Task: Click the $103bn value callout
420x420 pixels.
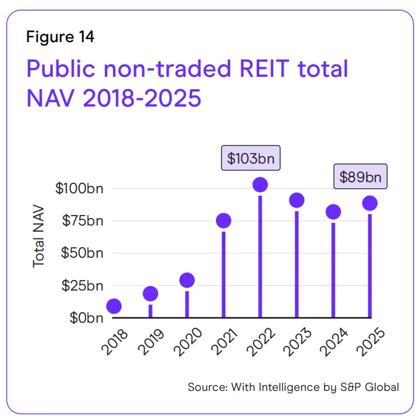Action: (x=251, y=158)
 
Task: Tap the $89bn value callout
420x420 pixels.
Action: (x=360, y=177)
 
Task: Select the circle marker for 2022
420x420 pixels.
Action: (x=260, y=185)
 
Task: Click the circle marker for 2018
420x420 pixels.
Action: (x=114, y=306)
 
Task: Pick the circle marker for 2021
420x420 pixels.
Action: (x=223, y=221)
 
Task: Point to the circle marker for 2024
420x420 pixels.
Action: (x=333, y=212)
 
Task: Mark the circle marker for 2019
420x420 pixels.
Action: (x=150, y=294)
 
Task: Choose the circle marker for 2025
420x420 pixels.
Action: (x=370, y=203)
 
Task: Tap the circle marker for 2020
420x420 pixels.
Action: (x=187, y=281)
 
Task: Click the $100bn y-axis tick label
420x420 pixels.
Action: (x=79, y=188)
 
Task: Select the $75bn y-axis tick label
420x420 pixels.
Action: (x=83, y=221)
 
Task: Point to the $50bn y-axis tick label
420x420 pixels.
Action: (x=83, y=253)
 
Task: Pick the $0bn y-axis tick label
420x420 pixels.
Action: (x=86, y=318)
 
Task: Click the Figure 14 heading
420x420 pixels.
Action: (x=60, y=37)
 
